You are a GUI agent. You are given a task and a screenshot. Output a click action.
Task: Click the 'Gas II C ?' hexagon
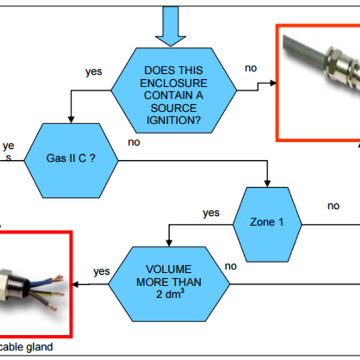[71, 160]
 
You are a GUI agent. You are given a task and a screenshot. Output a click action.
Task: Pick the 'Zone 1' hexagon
[266, 222]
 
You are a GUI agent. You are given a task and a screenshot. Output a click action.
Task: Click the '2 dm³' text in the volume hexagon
[169, 294]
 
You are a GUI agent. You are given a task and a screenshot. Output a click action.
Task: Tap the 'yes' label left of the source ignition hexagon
[94, 71]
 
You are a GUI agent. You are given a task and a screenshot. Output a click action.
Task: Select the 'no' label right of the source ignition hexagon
[251, 68]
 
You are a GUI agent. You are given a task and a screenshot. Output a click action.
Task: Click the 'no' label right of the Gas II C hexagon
[134, 142]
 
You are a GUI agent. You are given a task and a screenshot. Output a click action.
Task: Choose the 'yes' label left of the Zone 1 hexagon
[211, 212]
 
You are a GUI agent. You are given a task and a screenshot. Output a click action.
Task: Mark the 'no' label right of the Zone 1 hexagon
[333, 206]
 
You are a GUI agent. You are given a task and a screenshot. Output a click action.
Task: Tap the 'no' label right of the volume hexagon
[230, 265]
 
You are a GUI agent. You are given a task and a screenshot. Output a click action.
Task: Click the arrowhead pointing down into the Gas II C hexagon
[71, 118]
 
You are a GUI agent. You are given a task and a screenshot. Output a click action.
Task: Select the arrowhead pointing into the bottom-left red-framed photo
[76, 284]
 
